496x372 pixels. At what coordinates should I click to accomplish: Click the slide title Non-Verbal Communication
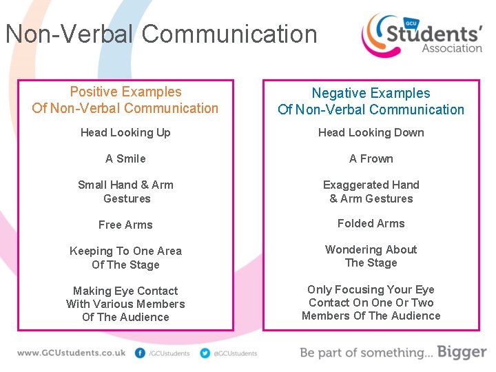(161, 34)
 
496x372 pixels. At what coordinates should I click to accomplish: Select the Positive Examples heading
(125, 100)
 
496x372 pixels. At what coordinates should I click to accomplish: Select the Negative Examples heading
(371, 101)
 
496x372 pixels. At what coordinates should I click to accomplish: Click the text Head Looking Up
(125, 132)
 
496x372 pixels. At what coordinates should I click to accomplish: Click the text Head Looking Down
(371, 132)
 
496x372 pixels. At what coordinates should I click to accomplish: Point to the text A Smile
(125, 158)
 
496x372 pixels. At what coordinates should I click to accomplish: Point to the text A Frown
(371, 158)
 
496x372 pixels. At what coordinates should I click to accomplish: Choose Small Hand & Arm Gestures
(125, 192)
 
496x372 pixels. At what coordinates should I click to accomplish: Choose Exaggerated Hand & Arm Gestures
(371, 192)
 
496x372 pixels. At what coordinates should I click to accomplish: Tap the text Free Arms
(125, 225)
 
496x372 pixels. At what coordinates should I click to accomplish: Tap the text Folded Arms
(371, 223)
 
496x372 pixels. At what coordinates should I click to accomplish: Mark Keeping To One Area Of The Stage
(125, 258)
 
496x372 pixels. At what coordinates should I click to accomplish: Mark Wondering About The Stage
(371, 256)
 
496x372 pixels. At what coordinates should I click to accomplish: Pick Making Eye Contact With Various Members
(125, 304)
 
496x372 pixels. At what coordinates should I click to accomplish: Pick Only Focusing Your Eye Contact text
(371, 302)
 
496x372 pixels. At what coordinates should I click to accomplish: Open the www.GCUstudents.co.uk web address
(72, 353)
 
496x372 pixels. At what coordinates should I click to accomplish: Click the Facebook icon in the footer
(141, 353)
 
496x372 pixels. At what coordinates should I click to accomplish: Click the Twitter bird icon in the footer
(205, 353)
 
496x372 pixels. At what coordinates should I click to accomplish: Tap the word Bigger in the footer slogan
(461, 352)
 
